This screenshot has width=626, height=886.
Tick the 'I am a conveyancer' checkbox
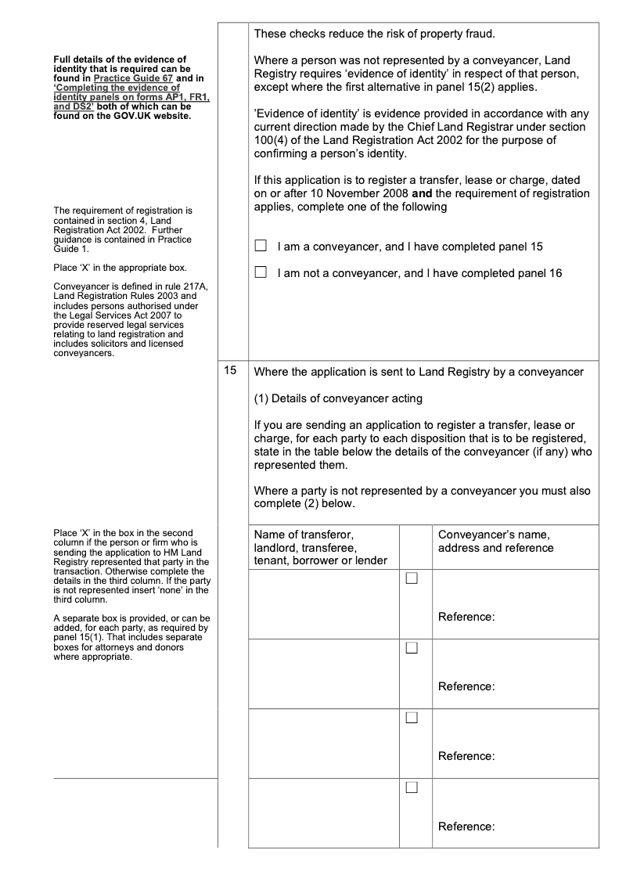click(x=261, y=247)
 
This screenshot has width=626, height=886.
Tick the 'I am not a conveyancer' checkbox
click(x=261, y=273)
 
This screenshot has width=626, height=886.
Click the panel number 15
click(x=229, y=372)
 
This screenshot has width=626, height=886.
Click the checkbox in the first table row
click(x=412, y=579)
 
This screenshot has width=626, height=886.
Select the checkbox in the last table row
click(x=412, y=789)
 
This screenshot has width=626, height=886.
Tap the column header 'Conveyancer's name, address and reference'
click(x=495, y=541)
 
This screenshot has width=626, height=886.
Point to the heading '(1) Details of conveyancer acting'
click(x=338, y=398)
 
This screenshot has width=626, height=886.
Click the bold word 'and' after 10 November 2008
click(x=423, y=193)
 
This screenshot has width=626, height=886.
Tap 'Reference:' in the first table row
click(x=466, y=617)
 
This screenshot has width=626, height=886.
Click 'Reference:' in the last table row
click(x=466, y=827)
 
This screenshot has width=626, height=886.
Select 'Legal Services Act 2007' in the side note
click(x=117, y=313)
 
